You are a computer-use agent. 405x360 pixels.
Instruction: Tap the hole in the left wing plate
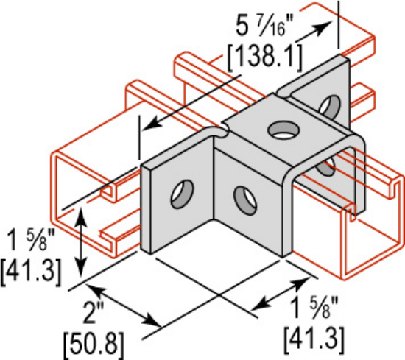click(179, 195)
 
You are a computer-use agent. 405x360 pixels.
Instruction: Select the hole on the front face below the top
click(241, 197)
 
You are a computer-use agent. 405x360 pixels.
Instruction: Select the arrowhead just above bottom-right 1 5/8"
click(303, 284)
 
